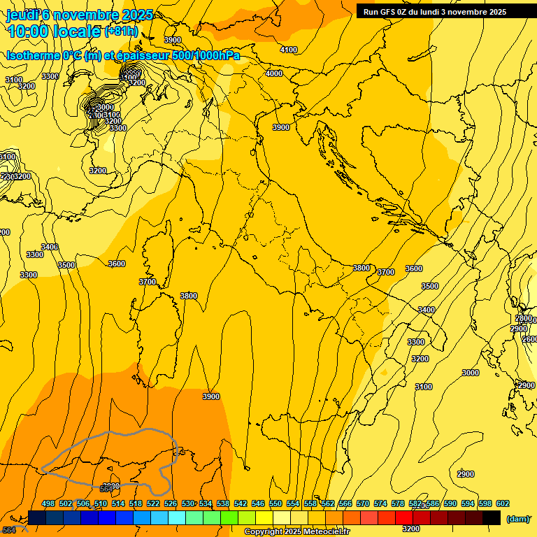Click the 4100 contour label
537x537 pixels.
[x=288, y=50]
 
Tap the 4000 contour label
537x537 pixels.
[x=274, y=73]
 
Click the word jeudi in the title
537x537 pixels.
[x=22, y=15]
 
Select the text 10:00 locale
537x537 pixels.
[x=55, y=31]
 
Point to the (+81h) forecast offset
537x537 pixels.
[x=121, y=31]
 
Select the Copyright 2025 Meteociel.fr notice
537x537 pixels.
[x=296, y=532]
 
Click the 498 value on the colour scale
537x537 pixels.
[x=48, y=503]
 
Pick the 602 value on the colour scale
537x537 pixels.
[x=502, y=503]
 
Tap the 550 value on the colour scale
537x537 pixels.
[x=275, y=503]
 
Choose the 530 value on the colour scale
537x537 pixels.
[x=188, y=503]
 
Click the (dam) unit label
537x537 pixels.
[x=517, y=518]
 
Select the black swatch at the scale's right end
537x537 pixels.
[x=492, y=517]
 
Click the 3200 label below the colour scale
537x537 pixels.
[x=411, y=529]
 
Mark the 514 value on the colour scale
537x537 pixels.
[x=118, y=503]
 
